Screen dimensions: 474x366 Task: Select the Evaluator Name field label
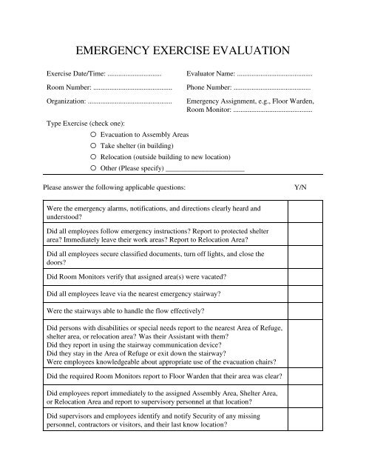211,75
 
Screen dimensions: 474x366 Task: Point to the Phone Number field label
210,87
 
